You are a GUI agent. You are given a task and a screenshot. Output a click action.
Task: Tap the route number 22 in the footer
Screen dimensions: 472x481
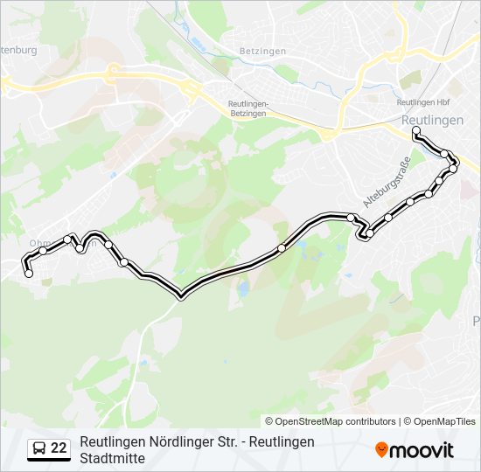point(59,448)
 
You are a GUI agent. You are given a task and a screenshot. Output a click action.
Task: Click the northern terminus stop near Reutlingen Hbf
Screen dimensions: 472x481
point(416,131)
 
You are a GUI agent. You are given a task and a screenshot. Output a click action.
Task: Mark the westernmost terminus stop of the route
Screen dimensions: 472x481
point(29,274)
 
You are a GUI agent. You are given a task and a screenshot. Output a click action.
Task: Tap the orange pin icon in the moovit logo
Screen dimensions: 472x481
point(381,449)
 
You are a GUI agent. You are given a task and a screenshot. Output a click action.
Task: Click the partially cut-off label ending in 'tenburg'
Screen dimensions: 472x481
point(18,50)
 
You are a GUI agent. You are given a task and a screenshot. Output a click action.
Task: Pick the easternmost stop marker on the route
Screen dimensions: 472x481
point(454,166)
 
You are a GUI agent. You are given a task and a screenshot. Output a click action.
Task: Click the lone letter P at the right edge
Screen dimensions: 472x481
point(477,319)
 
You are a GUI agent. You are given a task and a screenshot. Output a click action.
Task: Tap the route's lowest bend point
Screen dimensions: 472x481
point(180,296)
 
